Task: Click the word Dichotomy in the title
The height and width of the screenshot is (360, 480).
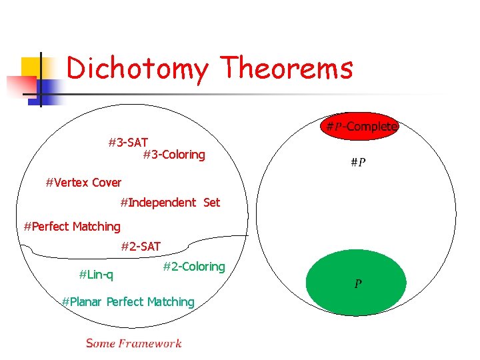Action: click(x=139, y=69)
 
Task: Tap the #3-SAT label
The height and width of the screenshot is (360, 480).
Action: click(x=128, y=143)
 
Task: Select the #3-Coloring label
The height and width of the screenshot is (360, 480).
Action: click(x=174, y=155)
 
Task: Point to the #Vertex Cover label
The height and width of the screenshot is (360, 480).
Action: click(x=83, y=182)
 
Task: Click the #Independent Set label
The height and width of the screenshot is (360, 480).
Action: click(x=170, y=202)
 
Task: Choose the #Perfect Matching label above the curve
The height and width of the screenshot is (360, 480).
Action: click(x=72, y=227)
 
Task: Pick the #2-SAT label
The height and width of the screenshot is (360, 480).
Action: click(x=141, y=247)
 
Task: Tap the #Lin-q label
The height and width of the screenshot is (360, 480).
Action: click(x=96, y=274)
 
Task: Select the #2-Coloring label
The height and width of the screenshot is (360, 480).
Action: click(x=194, y=267)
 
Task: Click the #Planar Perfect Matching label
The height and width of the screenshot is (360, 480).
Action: click(x=128, y=302)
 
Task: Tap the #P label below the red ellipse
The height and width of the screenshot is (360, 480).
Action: click(x=358, y=162)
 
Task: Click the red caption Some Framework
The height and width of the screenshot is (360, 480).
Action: click(x=133, y=343)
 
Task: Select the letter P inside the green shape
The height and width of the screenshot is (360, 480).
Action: click(x=358, y=285)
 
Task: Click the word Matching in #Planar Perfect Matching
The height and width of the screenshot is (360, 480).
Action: click(x=172, y=302)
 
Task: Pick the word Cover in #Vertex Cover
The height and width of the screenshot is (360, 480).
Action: click(x=107, y=182)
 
